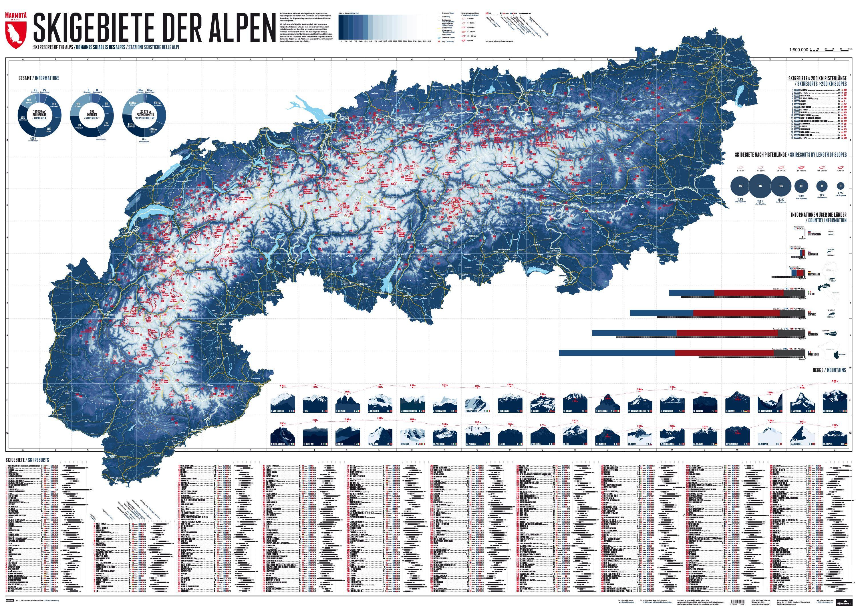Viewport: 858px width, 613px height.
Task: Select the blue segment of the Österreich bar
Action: click(x=634, y=333)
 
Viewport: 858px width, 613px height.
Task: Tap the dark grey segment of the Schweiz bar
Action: click(x=797, y=313)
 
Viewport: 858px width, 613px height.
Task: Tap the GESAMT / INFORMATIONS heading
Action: click(x=39, y=78)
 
